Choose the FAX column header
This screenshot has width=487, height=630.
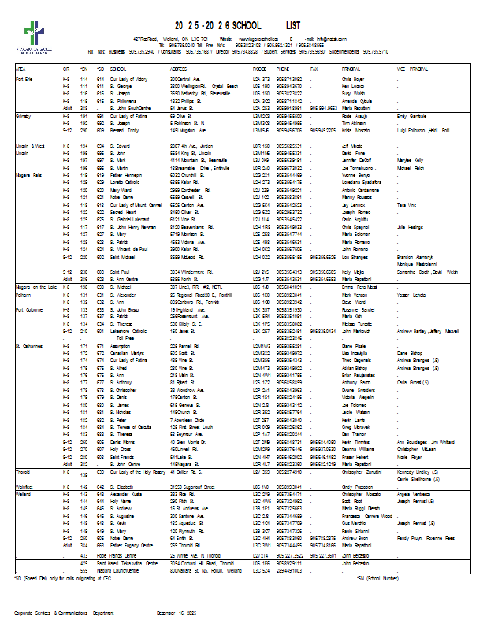coord(314,69)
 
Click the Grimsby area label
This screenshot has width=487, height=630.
coord(24,116)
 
